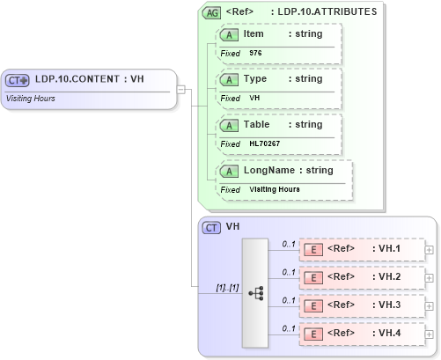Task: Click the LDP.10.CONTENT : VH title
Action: [90, 80]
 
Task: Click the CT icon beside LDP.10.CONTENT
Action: [18, 80]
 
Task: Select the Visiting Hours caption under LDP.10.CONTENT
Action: [31, 98]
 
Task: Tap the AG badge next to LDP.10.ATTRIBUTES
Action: [211, 12]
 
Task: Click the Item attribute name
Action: [254, 34]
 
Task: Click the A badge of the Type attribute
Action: [229, 79]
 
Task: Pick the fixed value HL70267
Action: [265, 143]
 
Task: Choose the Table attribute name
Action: [256, 124]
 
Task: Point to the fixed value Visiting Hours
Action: [275, 189]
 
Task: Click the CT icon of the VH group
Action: [211, 227]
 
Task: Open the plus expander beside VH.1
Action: [429, 249]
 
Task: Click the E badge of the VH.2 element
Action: [312, 277]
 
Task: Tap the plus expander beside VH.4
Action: [429, 334]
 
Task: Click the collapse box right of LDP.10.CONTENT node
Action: [180, 88]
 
